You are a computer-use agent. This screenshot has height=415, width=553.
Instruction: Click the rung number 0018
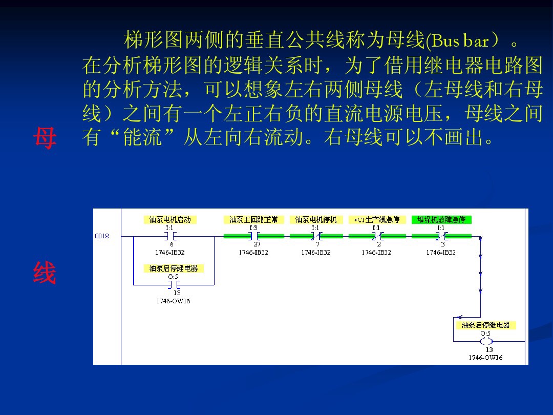(102, 236)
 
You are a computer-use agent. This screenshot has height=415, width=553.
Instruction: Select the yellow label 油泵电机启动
(170, 220)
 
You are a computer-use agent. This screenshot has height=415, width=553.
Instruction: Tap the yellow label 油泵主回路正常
(253, 220)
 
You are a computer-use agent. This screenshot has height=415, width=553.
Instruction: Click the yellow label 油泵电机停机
(316, 220)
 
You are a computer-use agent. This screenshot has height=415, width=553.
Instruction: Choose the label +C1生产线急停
(377, 220)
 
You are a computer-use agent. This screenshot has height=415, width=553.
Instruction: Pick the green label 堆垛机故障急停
(441, 220)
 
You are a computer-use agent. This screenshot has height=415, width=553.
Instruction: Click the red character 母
(45, 138)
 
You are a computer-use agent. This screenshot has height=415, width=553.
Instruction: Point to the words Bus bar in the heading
(458, 40)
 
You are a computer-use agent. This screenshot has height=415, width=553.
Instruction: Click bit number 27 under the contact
(257, 244)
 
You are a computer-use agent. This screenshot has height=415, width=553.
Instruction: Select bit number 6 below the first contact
(172, 244)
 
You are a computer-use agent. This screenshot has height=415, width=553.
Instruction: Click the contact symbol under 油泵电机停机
(316, 236)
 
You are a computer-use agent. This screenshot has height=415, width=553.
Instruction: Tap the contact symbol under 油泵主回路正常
(254, 236)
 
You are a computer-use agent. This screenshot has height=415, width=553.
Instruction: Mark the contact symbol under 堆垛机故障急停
(442, 236)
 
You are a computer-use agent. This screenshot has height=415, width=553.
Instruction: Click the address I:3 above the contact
(253, 228)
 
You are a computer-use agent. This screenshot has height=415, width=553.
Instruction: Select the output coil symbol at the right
(486, 341)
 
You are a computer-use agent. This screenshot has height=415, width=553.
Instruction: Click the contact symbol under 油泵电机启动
(171, 236)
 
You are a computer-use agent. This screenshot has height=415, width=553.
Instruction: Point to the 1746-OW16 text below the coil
(485, 358)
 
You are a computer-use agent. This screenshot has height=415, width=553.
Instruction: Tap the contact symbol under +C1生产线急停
(377, 236)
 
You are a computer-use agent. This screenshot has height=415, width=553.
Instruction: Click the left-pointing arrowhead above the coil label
(459, 317)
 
